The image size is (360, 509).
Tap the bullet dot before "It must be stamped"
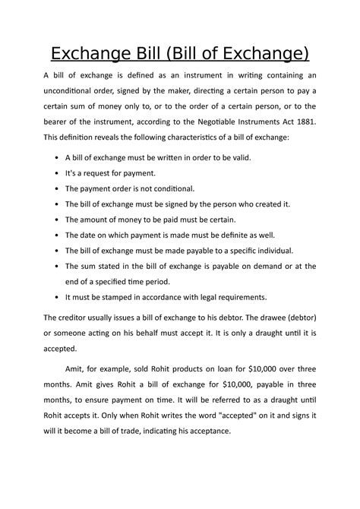click(x=58, y=298)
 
